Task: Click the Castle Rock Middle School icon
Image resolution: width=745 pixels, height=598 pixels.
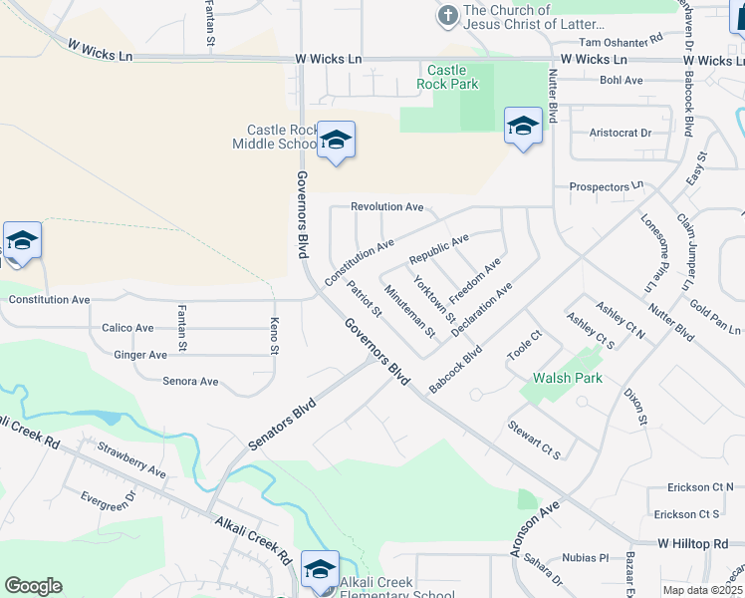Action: [336, 141]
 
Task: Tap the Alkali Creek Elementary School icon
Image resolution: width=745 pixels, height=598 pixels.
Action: [320, 570]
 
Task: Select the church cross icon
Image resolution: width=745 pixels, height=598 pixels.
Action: [447, 15]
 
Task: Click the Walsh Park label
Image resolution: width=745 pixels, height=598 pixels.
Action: [568, 379]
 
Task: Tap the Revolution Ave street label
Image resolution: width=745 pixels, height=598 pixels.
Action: [387, 207]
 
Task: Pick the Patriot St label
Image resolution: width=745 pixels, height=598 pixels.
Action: [364, 298]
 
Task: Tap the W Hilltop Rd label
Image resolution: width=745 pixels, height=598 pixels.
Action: [693, 543]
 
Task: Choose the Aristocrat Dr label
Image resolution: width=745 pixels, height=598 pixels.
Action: [620, 133]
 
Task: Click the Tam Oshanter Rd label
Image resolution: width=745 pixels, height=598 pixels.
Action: [621, 42]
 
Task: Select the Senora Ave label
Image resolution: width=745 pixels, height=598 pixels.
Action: [190, 382]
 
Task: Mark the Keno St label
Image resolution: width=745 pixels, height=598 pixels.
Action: [274, 333]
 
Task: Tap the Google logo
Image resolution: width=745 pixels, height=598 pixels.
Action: [33, 586]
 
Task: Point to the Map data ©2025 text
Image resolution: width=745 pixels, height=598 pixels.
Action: [703, 590]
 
